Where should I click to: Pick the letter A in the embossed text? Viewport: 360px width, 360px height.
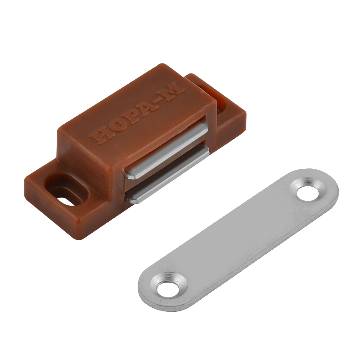[144, 108]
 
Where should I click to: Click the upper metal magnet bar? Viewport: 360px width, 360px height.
[166, 150]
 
